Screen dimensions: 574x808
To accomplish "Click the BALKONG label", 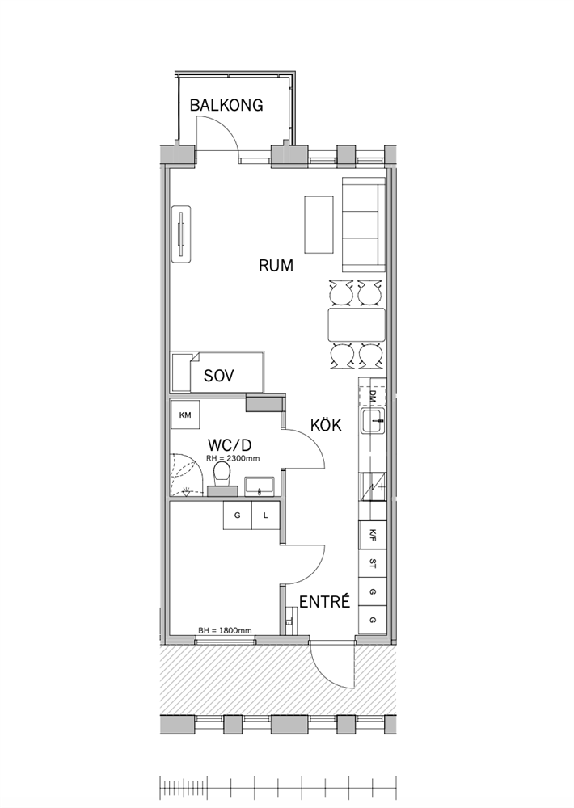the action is pos(226,105).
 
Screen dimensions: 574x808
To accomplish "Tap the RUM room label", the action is pos(276,266).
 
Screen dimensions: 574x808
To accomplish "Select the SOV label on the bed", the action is pos(218,375).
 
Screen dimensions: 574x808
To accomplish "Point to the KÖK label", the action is pos(326,425).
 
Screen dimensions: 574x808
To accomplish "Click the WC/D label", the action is pos(230,444).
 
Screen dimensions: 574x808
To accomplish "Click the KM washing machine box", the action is pos(185,415).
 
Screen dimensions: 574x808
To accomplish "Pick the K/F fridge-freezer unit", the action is pos(373,536).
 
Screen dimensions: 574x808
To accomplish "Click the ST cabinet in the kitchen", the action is pos(373,564).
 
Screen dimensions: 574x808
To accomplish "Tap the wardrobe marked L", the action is pos(266,515).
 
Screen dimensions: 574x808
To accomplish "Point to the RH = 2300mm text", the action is pos(233,457).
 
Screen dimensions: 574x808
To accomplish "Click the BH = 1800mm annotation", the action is pos(226,630).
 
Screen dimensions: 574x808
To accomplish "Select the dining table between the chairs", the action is pos(357,325).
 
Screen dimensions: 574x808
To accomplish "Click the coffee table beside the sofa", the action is pos(319,224).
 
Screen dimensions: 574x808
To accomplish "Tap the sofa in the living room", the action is pos(364,225).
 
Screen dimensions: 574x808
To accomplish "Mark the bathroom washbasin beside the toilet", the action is pos(260,486).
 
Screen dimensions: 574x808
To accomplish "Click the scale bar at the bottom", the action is pos(278,787).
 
